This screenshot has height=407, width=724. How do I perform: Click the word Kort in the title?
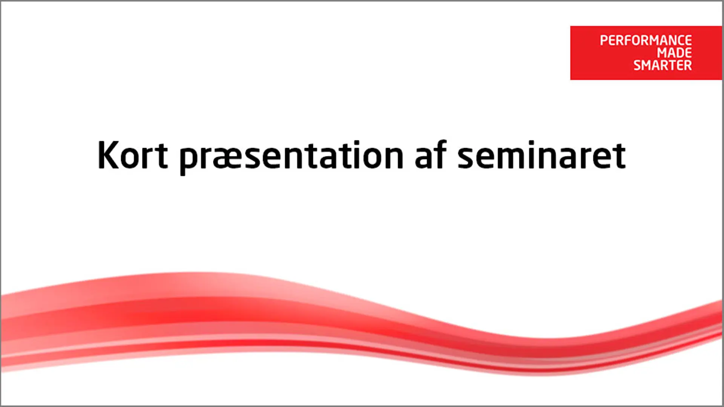[132, 155]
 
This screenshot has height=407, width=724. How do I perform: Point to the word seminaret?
[541, 155]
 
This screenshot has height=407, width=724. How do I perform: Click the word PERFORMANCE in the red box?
[646, 40]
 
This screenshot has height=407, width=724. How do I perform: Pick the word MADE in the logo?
[674, 53]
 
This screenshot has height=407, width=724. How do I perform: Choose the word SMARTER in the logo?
[663, 65]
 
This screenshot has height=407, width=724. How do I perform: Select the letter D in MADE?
[679, 53]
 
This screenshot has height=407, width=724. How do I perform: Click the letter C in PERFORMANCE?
[679, 40]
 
